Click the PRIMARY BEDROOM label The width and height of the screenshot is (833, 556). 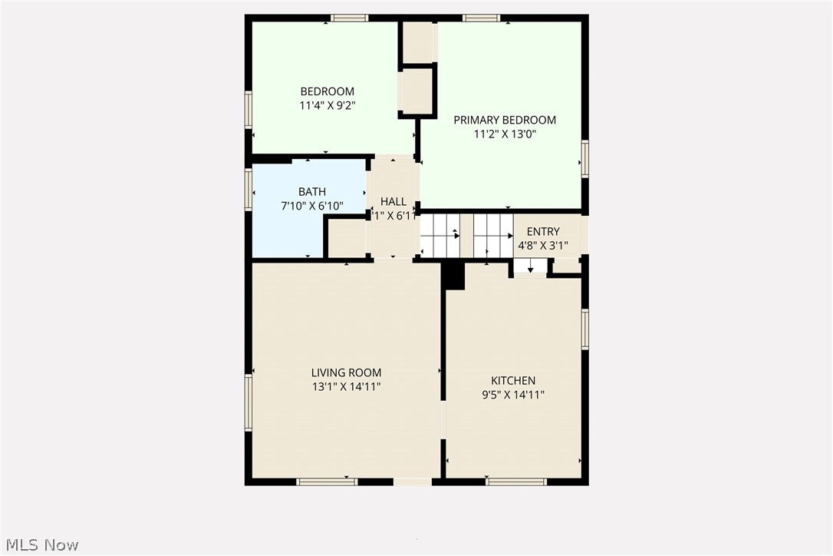pyautogui.click(x=504, y=120)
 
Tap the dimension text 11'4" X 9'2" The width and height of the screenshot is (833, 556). pyautogui.click(x=327, y=107)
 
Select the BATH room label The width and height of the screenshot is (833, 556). pyautogui.click(x=311, y=191)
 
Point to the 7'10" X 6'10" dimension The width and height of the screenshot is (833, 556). pyautogui.click(x=311, y=207)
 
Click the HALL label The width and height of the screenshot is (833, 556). pyautogui.click(x=393, y=202)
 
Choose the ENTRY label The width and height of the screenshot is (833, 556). pyautogui.click(x=543, y=231)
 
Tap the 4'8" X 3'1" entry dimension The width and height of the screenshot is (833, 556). pyautogui.click(x=543, y=246)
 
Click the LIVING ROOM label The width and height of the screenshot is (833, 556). pyautogui.click(x=346, y=372)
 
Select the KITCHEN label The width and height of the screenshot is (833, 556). pyautogui.click(x=513, y=380)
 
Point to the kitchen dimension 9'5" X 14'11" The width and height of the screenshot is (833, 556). pyautogui.click(x=513, y=395)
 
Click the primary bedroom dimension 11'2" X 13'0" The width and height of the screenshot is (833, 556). pyautogui.click(x=504, y=134)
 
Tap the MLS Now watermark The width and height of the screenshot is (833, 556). pyautogui.click(x=40, y=545)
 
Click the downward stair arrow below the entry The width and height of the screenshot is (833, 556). pyautogui.click(x=530, y=268)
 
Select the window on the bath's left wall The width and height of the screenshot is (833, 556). pyautogui.click(x=249, y=189)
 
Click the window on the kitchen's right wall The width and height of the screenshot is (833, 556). pyautogui.click(x=584, y=329)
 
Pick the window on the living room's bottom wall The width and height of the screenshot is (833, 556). pyautogui.click(x=327, y=482)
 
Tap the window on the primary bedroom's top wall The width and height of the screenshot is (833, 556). pyautogui.click(x=482, y=18)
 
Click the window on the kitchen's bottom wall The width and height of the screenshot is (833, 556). pyautogui.click(x=516, y=482)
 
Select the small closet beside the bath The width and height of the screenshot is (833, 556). pyautogui.click(x=347, y=239)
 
